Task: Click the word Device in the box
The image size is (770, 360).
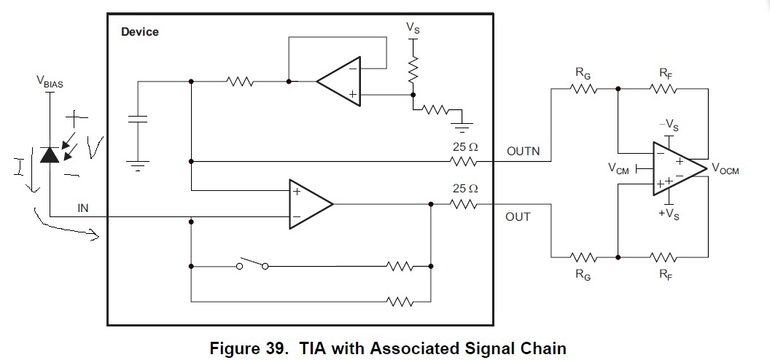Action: coord(139,32)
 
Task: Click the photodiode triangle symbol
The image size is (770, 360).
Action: coord(50,154)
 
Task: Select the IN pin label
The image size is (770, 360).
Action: coord(83,208)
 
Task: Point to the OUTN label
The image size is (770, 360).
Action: coord(522,151)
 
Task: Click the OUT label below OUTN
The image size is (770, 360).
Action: coord(518,216)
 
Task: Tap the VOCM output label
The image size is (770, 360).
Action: coord(725,171)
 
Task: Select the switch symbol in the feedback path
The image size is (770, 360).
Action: coord(252,265)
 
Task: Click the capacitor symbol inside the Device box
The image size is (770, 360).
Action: coord(137,122)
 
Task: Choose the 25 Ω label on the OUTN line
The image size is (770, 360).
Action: coord(465,146)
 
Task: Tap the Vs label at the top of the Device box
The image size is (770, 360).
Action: coord(413,28)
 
